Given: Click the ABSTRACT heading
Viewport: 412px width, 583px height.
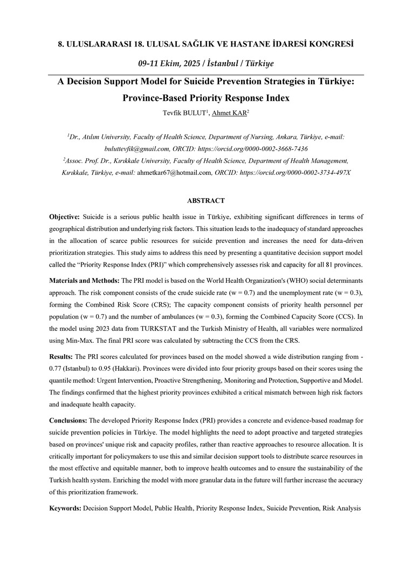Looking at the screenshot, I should pos(205,201).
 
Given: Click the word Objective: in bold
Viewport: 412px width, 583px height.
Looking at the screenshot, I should pos(65,216).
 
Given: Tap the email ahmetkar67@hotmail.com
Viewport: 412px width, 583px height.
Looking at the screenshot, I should pos(174,172).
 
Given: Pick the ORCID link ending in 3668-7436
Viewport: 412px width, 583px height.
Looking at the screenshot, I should pos(257,148).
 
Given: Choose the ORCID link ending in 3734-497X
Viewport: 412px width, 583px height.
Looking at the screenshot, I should pos(298,172).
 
